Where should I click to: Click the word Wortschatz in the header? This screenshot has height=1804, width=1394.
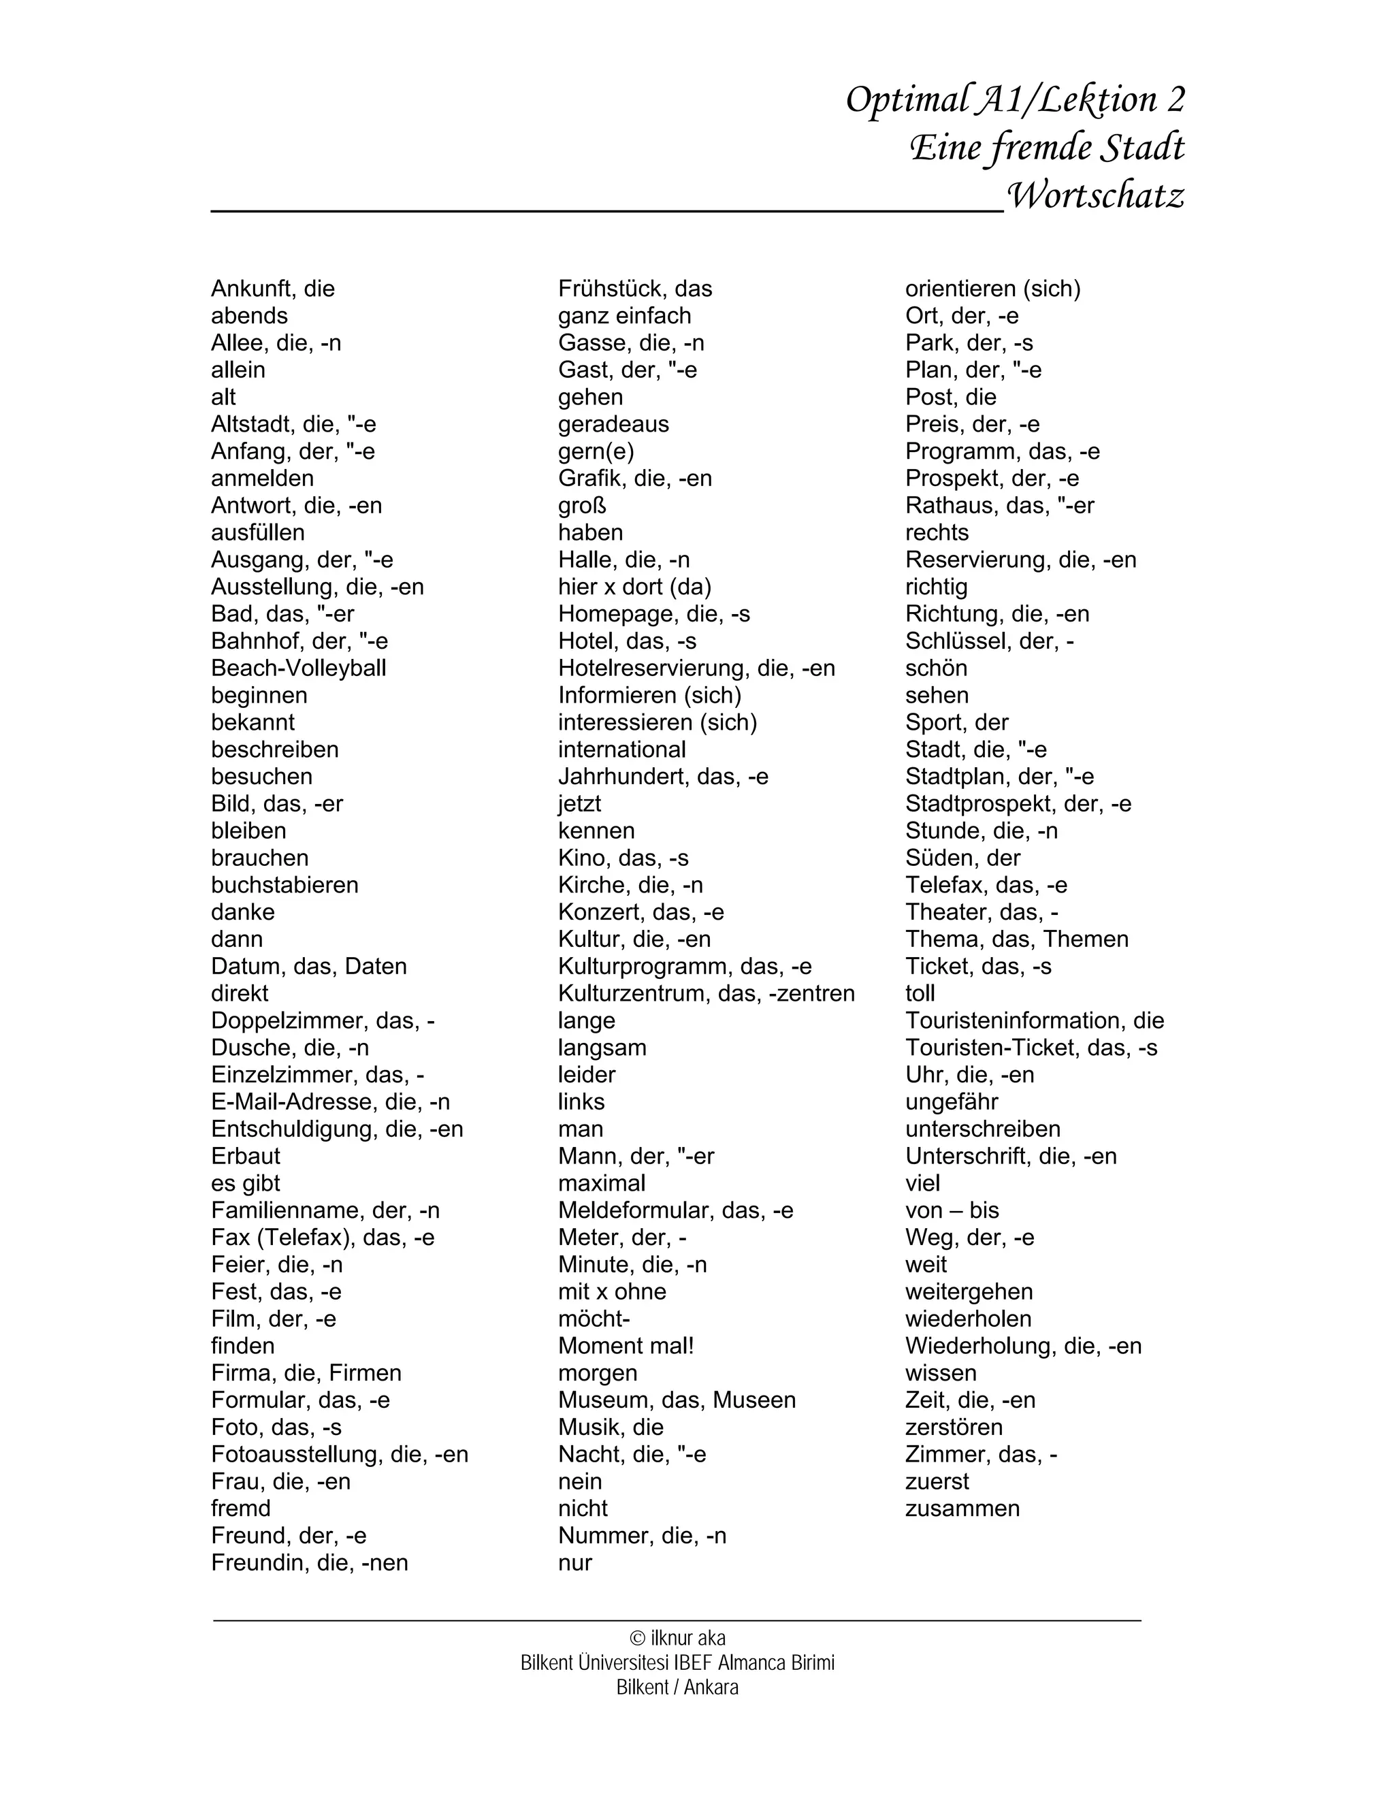click(x=1096, y=196)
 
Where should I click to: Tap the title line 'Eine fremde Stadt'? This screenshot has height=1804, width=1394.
click(x=1046, y=148)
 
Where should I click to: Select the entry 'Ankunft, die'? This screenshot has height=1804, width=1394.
click(x=272, y=289)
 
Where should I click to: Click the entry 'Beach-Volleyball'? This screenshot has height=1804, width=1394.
click(x=298, y=669)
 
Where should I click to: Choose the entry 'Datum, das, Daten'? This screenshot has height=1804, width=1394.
click(x=308, y=967)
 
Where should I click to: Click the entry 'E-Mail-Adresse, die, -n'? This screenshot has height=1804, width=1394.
click(x=330, y=1102)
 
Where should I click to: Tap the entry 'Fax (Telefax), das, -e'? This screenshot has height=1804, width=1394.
click(x=322, y=1238)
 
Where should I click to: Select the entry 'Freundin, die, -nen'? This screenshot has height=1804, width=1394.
click(x=309, y=1563)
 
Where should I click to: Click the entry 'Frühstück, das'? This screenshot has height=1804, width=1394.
click(x=634, y=289)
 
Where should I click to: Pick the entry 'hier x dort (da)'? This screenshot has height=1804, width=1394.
click(x=634, y=587)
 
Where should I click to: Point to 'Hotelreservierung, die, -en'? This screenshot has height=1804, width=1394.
click(x=696, y=669)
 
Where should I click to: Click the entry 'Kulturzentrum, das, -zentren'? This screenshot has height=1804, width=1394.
click(x=706, y=994)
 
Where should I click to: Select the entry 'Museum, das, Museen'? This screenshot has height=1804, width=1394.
click(x=677, y=1400)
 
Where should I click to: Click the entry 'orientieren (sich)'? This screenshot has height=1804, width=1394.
click(x=992, y=289)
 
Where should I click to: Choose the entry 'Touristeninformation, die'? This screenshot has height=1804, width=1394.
click(x=1034, y=1021)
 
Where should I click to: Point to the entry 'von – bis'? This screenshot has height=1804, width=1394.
click(x=952, y=1211)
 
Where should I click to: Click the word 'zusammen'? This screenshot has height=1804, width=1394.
click(x=962, y=1509)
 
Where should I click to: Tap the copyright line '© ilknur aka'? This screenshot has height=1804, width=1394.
click(x=677, y=1638)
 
